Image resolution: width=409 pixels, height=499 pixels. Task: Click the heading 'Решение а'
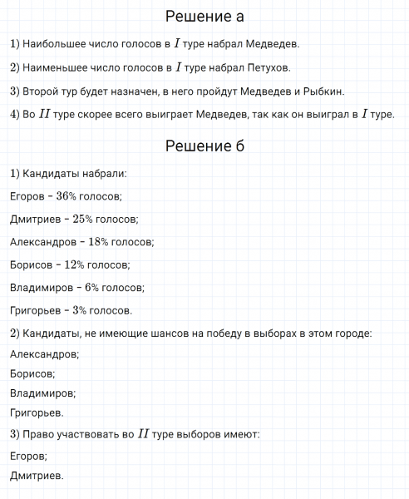pos(204,17)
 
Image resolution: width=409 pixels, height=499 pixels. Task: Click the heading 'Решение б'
pos(204,146)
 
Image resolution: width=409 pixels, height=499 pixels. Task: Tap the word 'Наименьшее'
pos(52,67)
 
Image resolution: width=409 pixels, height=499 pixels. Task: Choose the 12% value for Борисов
pos(74,265)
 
